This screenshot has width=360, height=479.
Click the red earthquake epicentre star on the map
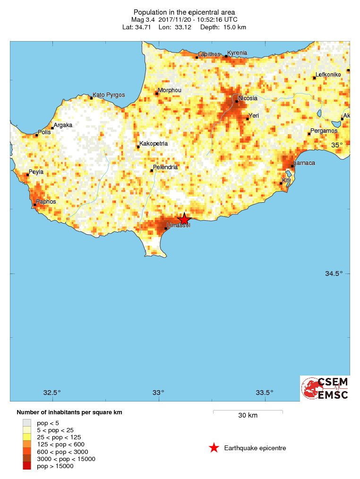point(184,219)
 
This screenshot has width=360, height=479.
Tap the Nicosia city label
point(248,98)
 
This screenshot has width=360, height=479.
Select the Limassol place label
point(179,226)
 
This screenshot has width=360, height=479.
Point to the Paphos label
point(46,202)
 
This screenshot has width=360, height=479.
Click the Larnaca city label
point(304,163)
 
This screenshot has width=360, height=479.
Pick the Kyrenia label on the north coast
point(238,53)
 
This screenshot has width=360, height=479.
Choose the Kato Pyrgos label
point(109,95)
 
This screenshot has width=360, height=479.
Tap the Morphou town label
point(169,90)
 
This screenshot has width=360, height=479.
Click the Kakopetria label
point(154,144)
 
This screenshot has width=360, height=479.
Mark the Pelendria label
point(165,167)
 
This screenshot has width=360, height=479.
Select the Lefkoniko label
point(328,75)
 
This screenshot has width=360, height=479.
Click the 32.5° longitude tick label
point(52,393)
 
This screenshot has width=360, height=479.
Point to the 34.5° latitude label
point(334,274)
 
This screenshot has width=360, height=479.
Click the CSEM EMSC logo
point(325,388)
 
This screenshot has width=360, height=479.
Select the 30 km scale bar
point(248,412)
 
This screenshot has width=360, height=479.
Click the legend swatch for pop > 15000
point(27,466)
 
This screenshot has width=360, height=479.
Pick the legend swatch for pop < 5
point(27,423)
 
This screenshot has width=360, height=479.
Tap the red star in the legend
point(214,448)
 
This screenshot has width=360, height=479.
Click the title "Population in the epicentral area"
point(184,12)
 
